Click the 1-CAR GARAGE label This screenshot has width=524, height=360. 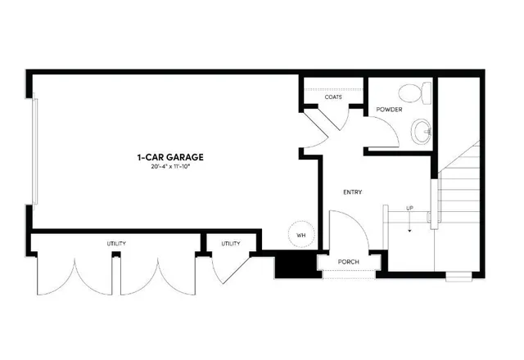[170, 156]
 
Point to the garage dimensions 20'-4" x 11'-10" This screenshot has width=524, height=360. [170, 167]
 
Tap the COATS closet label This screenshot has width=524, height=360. [332, 97]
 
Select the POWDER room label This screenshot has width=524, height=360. [388, 110]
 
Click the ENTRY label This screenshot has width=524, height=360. [352, 192]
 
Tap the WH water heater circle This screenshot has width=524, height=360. [300, 234]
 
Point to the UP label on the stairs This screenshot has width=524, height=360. [409, 209]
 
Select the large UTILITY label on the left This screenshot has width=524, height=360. [115, 244]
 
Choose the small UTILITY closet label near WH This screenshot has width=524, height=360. [230, 244]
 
